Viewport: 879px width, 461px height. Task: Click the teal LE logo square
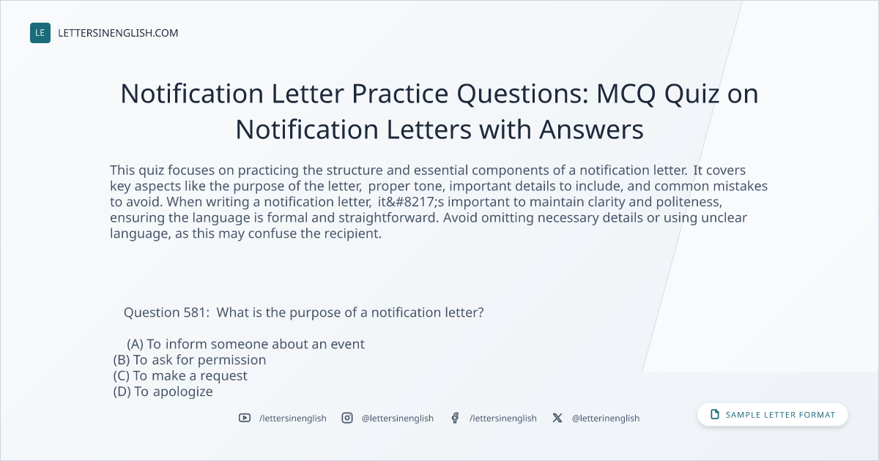[x=40, y=33]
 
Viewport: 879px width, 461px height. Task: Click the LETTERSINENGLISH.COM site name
[x=118, y=33]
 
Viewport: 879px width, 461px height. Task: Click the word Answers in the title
[x=591, y=130]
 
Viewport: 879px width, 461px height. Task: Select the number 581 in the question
[x=194, y=312]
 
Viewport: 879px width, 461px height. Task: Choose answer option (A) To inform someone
[x=245, y=344]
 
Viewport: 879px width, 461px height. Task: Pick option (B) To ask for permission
[x=190, y=360]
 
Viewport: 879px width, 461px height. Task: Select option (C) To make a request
[x=180, y=376]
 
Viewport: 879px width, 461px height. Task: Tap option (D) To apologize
[x=163, y=391]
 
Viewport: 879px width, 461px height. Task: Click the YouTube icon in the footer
[x=245, y=418]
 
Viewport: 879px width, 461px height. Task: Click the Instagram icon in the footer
[x=347, y=418]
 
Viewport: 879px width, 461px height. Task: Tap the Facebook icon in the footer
[x=455, y=418]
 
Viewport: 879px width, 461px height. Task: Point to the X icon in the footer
[x=557, y=418]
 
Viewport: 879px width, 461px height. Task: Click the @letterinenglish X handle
[x=606, y=419]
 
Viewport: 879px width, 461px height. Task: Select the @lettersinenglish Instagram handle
[x=398, y=419]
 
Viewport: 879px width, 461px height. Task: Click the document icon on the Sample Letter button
[x=715, y=414]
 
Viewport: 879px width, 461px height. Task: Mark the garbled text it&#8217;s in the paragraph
[x=411, y=202]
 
